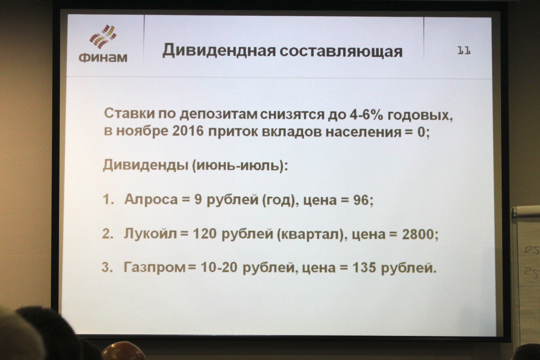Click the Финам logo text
pos(103,57)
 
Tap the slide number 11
pos(464,51)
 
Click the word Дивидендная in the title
pos(219,51)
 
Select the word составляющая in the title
pos(341,52)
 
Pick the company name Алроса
pos(151,199)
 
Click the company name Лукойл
pos(150,233)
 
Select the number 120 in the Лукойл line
pos(204,234)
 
